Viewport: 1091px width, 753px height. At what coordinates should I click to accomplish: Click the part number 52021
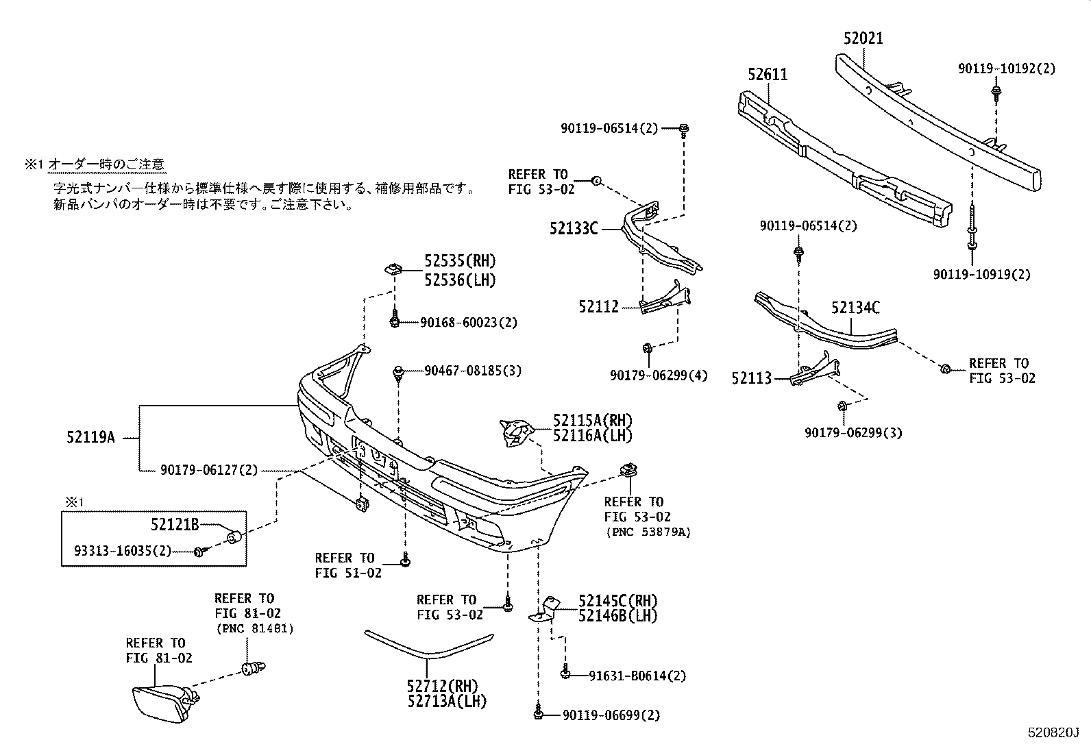coord(863,38)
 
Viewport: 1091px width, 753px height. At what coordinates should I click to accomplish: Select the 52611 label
coord(768,74)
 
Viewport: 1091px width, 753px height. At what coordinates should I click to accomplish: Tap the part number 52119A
coord(90,437)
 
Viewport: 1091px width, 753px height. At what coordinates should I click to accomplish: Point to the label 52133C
coord(573,228)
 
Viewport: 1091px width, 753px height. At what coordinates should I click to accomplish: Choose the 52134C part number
coord(855,308)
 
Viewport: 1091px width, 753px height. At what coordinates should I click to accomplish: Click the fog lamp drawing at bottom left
coord(162,702)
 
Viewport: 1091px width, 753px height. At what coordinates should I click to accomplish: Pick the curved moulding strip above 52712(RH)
coord(428,647)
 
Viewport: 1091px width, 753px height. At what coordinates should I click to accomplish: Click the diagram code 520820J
coord(1052,732)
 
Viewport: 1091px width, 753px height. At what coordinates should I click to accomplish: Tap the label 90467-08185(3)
coord(472,371)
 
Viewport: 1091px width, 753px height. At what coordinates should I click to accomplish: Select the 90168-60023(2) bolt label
coord(469,322)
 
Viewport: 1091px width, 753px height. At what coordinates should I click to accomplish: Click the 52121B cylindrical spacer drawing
coord(234,535)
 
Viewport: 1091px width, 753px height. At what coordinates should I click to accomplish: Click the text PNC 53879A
coord(647,532)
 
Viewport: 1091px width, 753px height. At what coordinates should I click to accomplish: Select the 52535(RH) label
coord(459,261)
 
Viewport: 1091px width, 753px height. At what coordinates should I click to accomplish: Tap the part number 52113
coord(751,378)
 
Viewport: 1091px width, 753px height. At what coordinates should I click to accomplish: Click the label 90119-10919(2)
coord(981,274)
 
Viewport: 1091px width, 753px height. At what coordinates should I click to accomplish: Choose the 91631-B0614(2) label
coord(637,676)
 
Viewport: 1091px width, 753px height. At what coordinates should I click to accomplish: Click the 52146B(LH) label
coord(617,615)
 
